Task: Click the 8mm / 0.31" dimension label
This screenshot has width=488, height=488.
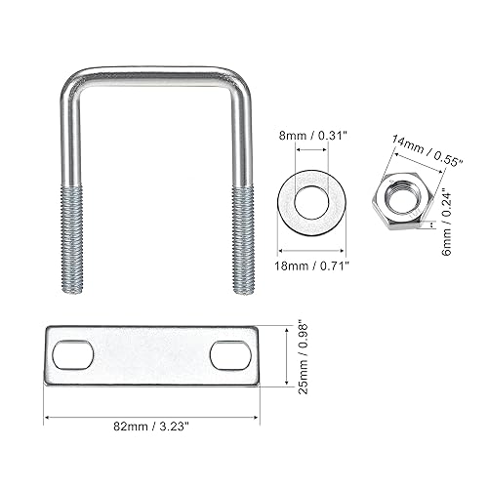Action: pos(311,136)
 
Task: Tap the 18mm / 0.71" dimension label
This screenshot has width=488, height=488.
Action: pos(311,265)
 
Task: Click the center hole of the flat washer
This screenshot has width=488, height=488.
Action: pos(311,202)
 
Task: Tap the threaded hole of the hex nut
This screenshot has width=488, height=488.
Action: pos(402,196)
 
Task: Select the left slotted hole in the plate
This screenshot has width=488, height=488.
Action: pos(73,355)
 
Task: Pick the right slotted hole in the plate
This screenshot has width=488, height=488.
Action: pos(231,355)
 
